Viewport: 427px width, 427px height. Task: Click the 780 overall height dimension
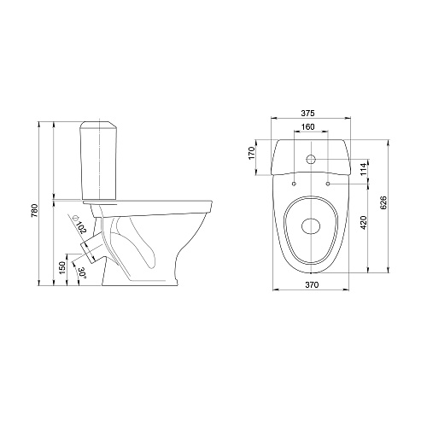(34, 211)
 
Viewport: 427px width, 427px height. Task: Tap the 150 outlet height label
(62, 268)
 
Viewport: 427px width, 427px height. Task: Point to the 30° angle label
(82, 272)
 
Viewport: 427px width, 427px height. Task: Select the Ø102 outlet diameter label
(80, 225)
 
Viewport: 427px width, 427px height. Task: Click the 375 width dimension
(308, 113)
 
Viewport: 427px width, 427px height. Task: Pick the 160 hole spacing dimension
(307, 126)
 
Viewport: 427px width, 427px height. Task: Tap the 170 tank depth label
(252, 153)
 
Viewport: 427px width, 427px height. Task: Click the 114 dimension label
(364, 169)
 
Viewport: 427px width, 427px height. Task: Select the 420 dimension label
(364, 222)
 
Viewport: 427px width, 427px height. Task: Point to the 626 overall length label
(383, 202)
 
